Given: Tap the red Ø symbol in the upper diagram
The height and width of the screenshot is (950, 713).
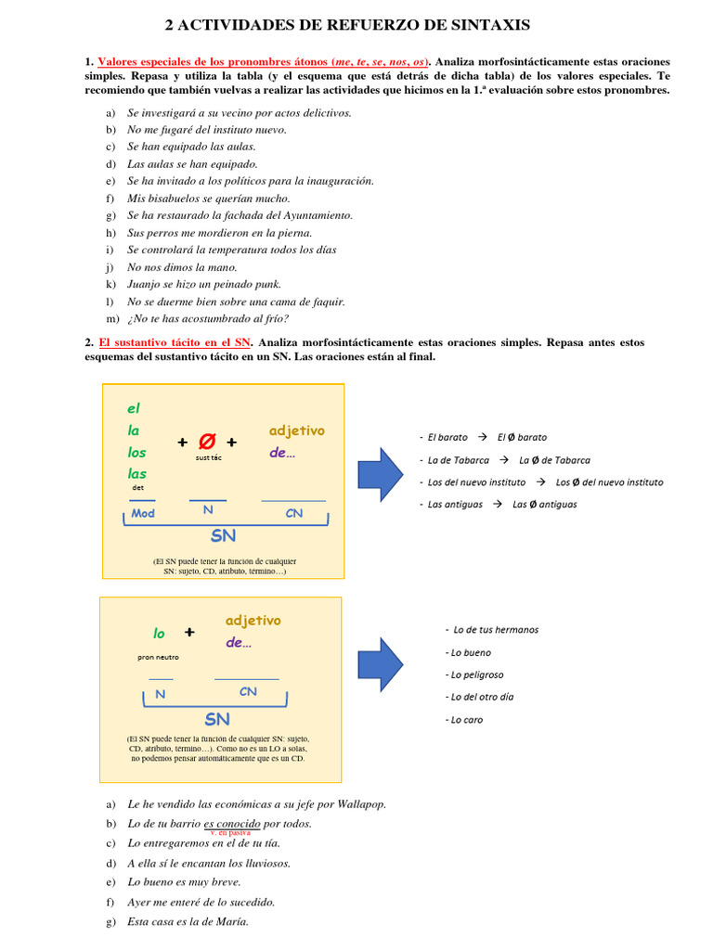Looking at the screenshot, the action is pos(208,443).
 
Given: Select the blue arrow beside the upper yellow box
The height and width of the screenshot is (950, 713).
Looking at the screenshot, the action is pos(381,470).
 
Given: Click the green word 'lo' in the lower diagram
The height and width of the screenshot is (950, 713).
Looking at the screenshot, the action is pos(159,634).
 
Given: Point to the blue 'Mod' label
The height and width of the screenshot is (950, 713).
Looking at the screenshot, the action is pos(143,513).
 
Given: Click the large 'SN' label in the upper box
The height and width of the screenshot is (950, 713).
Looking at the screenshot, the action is pos(223,535).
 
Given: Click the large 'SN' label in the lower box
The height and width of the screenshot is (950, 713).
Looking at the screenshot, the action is pos(217,719).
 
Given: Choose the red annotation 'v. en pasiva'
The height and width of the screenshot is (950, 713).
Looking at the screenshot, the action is pos(230,833).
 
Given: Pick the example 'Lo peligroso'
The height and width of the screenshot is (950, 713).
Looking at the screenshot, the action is pos(476,674).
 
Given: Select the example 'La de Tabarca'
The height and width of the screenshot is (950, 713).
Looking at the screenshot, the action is pos(456,459).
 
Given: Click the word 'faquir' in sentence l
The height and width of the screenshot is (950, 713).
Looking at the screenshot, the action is pos(326,302).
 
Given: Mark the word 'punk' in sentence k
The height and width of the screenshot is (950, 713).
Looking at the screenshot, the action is pos(266,284).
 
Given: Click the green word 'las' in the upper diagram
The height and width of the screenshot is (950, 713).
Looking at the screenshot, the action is pos(137,473).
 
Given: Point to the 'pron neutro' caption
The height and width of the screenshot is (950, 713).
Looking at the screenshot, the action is pos(158,657).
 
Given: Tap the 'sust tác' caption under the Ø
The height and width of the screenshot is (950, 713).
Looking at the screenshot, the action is pos(209,457).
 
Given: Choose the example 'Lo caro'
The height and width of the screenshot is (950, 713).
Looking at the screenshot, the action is pos(466,719).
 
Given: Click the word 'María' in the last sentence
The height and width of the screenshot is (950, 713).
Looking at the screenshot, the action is pos(231,921).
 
